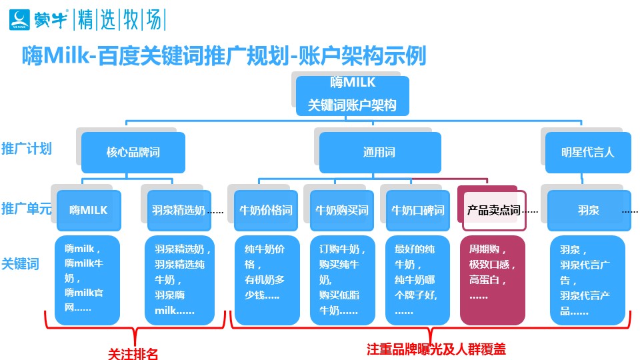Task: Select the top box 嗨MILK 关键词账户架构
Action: (x=353, y=95)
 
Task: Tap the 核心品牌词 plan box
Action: (x=133, y=153)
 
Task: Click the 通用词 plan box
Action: (x=379, y=153)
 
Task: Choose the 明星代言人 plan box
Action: (x=587, y=153)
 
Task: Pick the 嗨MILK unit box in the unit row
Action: (x=89, y=211)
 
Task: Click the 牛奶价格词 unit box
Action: (x=266, y=211)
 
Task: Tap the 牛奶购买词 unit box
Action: (x=342, y=211)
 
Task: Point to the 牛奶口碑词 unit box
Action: (x=418, y=211)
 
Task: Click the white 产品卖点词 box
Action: (x=493, y=211)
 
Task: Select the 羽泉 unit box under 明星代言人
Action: (x=589, y=211)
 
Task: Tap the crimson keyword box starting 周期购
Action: (x=493, y=280)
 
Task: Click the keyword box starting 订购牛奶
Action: (x=342, y=280)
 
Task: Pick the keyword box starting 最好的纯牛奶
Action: (x=418, y=280)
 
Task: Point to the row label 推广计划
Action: (x=27, y=148)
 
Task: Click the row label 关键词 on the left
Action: (x=20, y=263)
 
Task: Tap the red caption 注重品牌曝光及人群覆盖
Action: (x=431, y=349)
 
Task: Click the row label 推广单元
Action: (x=27, y=207)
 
